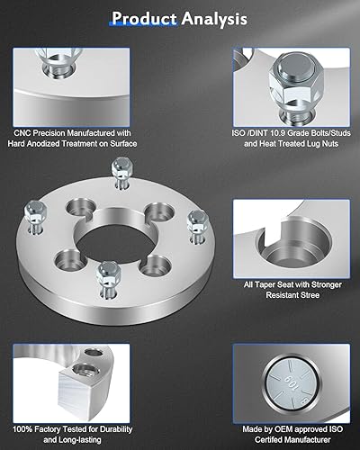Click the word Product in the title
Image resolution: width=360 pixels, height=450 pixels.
pos(142,17)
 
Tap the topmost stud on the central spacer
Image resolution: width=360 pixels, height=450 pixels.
pos(117,171)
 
